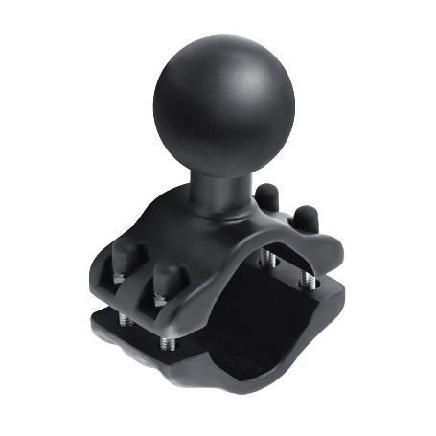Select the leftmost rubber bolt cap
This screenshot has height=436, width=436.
pos(124,259)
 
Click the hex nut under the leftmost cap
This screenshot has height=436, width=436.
pos(119,278)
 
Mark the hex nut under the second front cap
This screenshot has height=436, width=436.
pos(158,300)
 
